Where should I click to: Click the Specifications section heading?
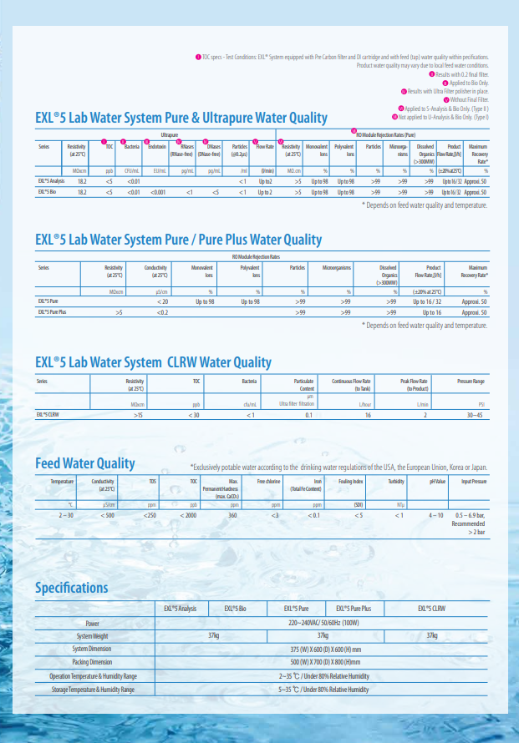(72, 588)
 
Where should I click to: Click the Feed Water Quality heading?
(85, 463)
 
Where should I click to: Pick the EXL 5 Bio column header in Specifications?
(235, 609)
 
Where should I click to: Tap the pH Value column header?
(437, 483)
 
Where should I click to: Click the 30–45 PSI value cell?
(475, 414)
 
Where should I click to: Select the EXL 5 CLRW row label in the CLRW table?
(48, 414)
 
